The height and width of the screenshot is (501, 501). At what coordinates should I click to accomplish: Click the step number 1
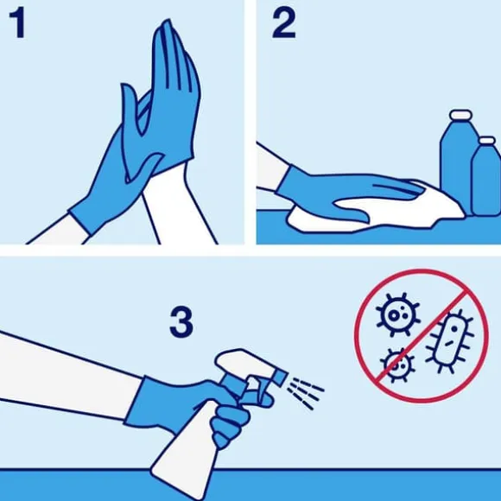[x=17, y=23]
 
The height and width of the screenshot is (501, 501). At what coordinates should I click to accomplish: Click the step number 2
[x=283, y=23]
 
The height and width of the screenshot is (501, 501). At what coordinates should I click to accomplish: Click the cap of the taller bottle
[x=460, y=115]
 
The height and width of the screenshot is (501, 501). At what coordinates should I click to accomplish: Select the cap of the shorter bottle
[x=487, y=141]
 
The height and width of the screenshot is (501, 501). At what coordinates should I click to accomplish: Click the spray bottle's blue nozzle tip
[x=280, y=377]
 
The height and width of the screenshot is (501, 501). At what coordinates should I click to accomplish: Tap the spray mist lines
[x=305, y=393]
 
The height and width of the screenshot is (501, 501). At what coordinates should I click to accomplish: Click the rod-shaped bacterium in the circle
[x=450, y=341]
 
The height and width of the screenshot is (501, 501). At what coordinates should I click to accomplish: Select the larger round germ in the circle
[x=397, y=314]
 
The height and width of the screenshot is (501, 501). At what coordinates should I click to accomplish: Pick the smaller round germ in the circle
[x=396, y=365]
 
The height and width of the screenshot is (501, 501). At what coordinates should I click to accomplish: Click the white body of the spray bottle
[x=186, y=447]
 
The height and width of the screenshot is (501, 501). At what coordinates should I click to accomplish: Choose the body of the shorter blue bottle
[x=486, y=181]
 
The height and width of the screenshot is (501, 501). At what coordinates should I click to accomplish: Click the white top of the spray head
[x=243, y=362]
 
